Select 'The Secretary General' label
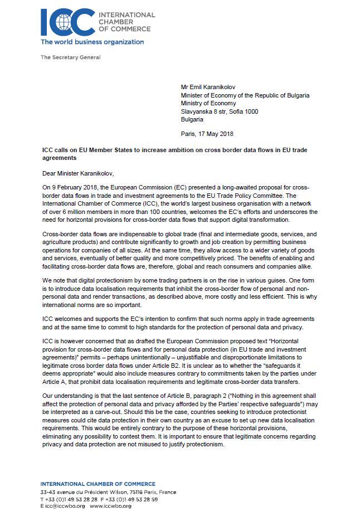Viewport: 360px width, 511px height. (x=71, y=57)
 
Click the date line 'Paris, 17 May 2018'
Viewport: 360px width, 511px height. (x=207, y=134)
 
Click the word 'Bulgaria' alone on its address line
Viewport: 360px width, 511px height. (x=193, y=119)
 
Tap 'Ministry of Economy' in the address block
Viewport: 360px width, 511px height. (x=208, y=103)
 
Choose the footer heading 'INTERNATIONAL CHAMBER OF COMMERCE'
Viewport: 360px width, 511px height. (x=98, y=484)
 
